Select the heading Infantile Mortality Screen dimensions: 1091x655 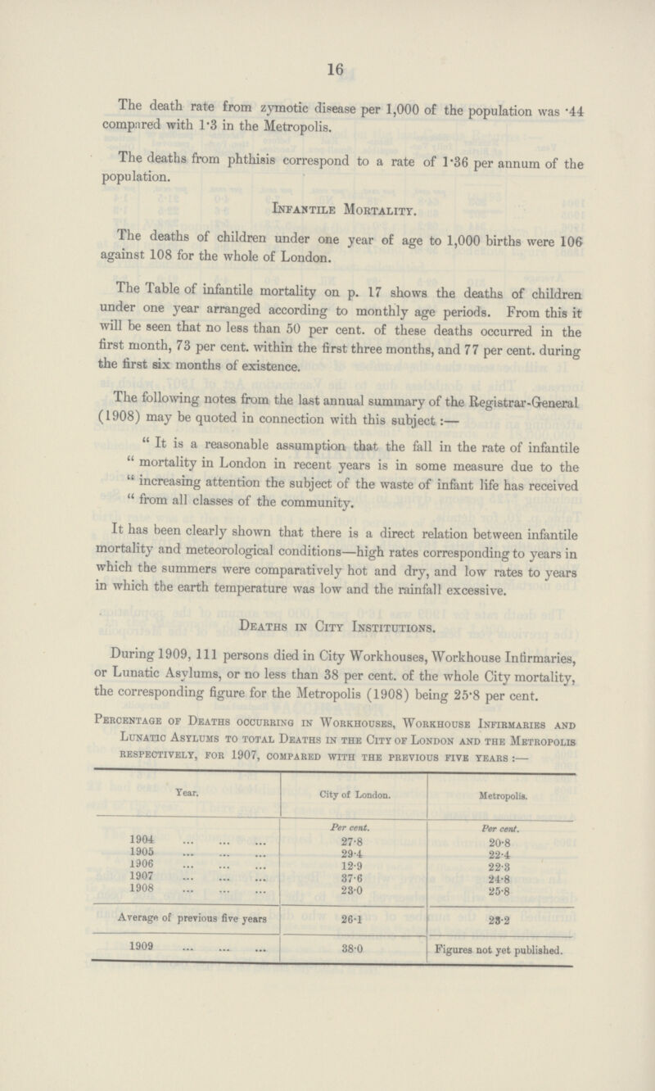tap(327, 256)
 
